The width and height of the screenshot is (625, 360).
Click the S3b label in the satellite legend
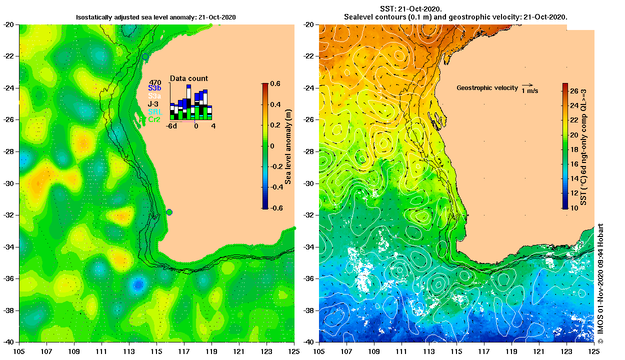(154, 88)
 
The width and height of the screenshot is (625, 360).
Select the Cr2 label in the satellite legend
(154, 119)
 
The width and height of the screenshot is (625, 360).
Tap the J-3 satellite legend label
(154, 104)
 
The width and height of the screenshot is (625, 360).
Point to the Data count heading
(189, 78)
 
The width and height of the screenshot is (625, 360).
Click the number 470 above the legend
(155, 82)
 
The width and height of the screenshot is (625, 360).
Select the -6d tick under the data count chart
(173, 126)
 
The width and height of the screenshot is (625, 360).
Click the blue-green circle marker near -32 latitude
(169, 212)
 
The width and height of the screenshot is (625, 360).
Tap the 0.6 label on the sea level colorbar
(275, 83)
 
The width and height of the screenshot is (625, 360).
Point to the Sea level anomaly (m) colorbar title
(288, 145)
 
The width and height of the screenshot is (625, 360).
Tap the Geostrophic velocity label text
(487, 88)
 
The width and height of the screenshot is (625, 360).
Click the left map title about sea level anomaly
(155, 17)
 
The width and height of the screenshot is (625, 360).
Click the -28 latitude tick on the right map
(309, 151)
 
